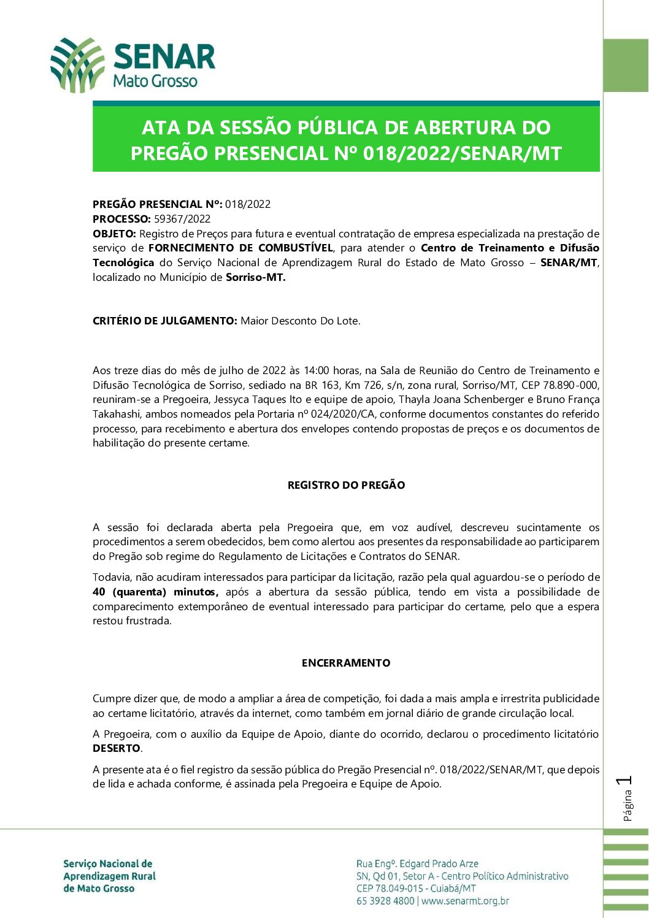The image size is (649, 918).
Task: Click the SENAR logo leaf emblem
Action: click(x=77, y=65)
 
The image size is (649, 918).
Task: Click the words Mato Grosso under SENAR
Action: click(x=156, y=81)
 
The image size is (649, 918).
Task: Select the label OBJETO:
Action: click(x=115, y=234)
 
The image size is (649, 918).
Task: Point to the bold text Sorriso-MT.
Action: click(x=256, y=277)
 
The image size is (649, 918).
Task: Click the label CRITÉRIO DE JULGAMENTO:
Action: click(x=164, y=321)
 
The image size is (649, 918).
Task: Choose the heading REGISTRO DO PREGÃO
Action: click(x=346, y=485)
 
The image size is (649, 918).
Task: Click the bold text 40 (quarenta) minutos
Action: click(x=156, y=592)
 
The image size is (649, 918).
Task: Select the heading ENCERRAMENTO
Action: click(x=346, y=663)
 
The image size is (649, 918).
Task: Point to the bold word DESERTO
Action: click(x=117, y=748)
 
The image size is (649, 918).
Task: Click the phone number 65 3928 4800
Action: click(x=385, y=901)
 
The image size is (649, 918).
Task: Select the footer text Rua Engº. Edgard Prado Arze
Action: click(x=417, y=863)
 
